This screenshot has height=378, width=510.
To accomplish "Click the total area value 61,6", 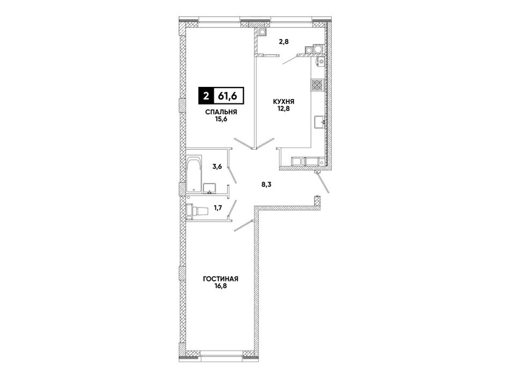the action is click(x=228, y=95).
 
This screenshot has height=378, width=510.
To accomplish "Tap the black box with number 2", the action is click(x=205, y=96).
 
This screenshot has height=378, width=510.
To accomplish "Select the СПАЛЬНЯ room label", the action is click(x=221, y=112).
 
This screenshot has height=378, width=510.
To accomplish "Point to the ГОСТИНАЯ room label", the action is click(x=221, y=279).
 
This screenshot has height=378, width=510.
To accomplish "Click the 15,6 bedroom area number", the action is click(x=221, y=119).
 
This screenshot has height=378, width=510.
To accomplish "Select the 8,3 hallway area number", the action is click(x=266, y=184).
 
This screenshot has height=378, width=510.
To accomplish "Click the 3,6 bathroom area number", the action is click(x=217, y=167).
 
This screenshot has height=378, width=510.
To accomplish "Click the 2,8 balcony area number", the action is click(x=283, y=41).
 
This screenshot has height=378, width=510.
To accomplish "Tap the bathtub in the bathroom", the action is click(x=194, y=175).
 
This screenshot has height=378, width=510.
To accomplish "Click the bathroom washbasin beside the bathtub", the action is click(x=209, y=188).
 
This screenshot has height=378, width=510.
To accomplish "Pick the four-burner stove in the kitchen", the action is click(x=317, y=85).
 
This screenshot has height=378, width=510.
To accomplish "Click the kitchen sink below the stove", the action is click(x=320, y=123).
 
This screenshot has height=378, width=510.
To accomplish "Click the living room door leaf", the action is click(x=243, y=226).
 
